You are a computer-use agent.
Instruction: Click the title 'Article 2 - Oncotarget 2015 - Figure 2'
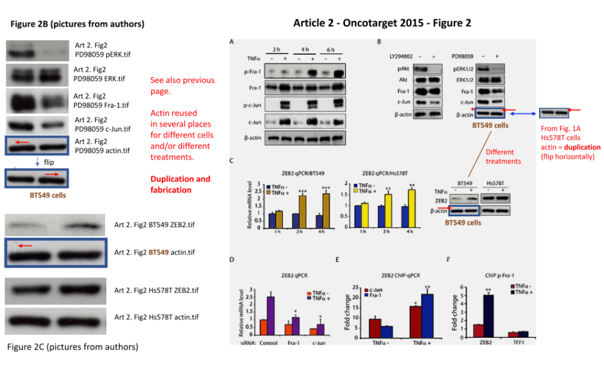click(x=382, y=23)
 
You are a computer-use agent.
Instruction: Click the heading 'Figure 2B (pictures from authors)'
click(x=77, y=24)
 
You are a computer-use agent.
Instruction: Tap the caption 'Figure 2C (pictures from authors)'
click(x=72, y=347)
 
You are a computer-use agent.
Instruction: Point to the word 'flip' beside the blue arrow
click(x=49, y=162)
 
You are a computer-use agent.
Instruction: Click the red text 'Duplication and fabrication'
click(x=180, y=184)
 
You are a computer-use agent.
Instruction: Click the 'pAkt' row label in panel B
click(x=402, y=68)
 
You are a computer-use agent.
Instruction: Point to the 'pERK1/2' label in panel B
click(x=465, y=68)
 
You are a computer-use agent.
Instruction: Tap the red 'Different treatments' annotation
click(x=505, y=157)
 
